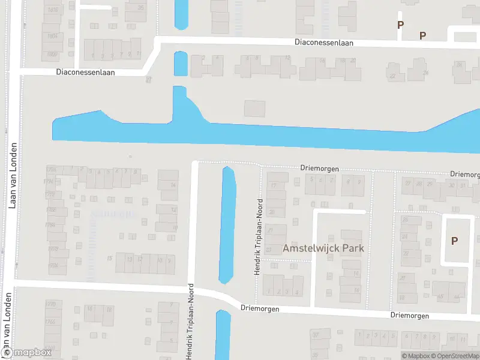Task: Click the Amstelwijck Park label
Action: point(323,248)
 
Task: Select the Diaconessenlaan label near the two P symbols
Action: point(324,43)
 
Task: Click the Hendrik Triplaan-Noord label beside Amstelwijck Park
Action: point(259,236)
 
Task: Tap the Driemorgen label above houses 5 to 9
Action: point(319,169)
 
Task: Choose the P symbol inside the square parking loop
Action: point(454,241)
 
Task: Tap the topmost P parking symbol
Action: point(400,25)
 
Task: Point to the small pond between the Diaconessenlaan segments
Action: point(180,63)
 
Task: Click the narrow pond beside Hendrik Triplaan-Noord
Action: point(227,224)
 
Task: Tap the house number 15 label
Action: point(109,259)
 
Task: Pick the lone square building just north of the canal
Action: point(254,109)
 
